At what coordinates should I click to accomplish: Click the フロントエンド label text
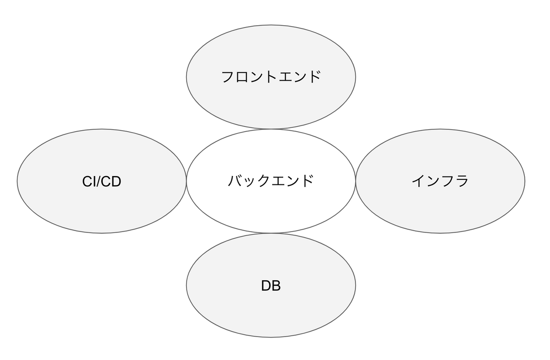[271, 77]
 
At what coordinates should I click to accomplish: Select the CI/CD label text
[102, 182]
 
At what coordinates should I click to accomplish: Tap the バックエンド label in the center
[271, 181]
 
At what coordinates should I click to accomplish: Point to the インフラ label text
[440, 181]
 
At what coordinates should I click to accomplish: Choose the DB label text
[271, 286]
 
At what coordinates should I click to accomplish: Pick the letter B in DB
[276, 286]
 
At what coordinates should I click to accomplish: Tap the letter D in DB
[266, 286]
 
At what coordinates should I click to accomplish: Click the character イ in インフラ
[418, 181]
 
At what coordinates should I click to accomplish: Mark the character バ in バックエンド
[235, 181]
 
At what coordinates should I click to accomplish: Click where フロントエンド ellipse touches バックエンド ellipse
[271, 129]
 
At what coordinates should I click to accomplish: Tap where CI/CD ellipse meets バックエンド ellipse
[187, 181]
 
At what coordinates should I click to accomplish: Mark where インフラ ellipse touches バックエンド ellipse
[356, 181]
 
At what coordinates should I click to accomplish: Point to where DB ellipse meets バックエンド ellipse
[271, 233]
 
